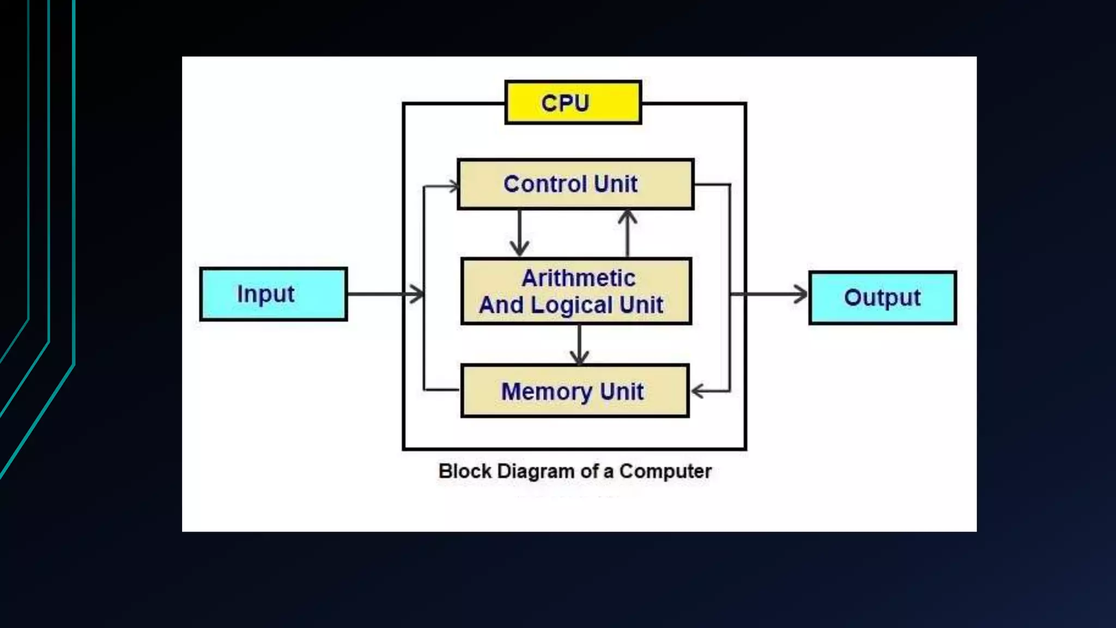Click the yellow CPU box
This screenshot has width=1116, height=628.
[573, 102]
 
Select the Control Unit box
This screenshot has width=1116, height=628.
[575, 184]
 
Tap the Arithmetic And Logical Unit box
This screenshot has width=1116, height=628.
[576, 291]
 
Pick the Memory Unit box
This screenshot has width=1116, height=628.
[575, 391]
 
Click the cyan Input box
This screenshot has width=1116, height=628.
[274, 294]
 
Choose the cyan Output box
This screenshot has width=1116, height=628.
[882, 298]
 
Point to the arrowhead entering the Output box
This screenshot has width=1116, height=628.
[801, 294]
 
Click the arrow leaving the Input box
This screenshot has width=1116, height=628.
[384, 294]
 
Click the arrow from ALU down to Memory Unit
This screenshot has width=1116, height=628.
[579, 345]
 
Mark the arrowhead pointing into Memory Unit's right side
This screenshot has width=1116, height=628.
[698, 391]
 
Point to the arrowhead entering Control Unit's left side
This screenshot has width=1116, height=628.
[452, 186]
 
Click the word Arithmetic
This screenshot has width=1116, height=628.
[578, 278]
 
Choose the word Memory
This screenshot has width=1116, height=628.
[547, 391]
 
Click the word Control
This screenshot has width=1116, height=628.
[545, 184]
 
